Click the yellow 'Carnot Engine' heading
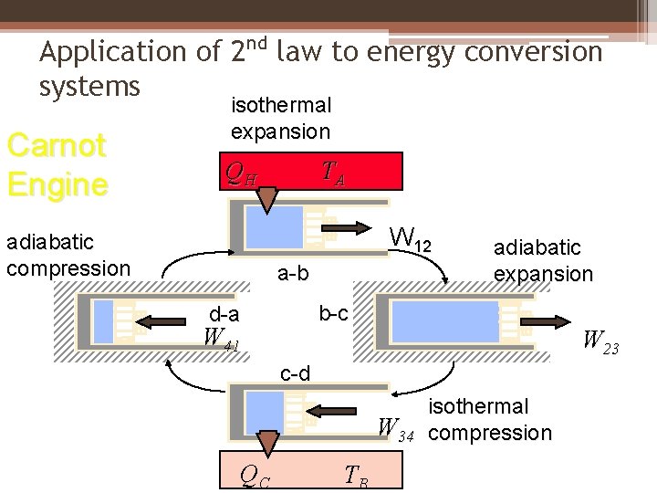[57, 165]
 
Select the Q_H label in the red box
[241, 173]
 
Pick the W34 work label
[398, 428]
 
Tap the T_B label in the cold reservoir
[357, 475]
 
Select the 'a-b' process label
[293, 273]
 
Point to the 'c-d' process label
[295, 373]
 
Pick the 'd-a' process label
[224, 315]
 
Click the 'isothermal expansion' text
[280, 119]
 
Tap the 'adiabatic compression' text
[68, 255]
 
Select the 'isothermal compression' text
[490, 419]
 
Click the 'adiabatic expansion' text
[543, 260]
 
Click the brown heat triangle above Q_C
[267, 443]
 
